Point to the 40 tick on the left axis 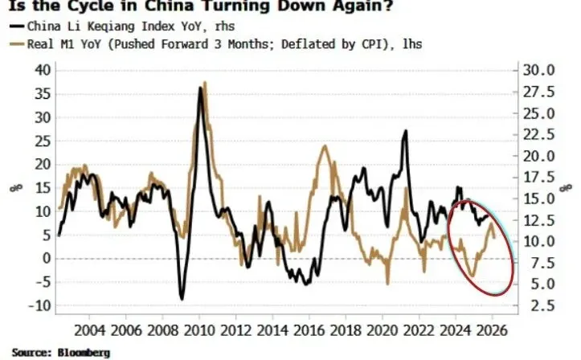pyautogui.click(x=42, y=70)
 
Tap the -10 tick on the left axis pyautogui.click(x=39, y=305)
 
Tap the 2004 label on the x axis pyautogui.click(x=90, y=330)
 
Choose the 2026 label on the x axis pyautogui.click(x=490, y=330)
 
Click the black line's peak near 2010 pyautogui.click(x=200, y=88)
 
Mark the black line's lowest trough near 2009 pyautogui.click(x=182, y=299)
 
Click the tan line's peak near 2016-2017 pyautogui.click(x=324, y=146)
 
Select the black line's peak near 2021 pyautogui.click(x=406, y=131)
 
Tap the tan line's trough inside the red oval pyautogui.click(x=472, y=276)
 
